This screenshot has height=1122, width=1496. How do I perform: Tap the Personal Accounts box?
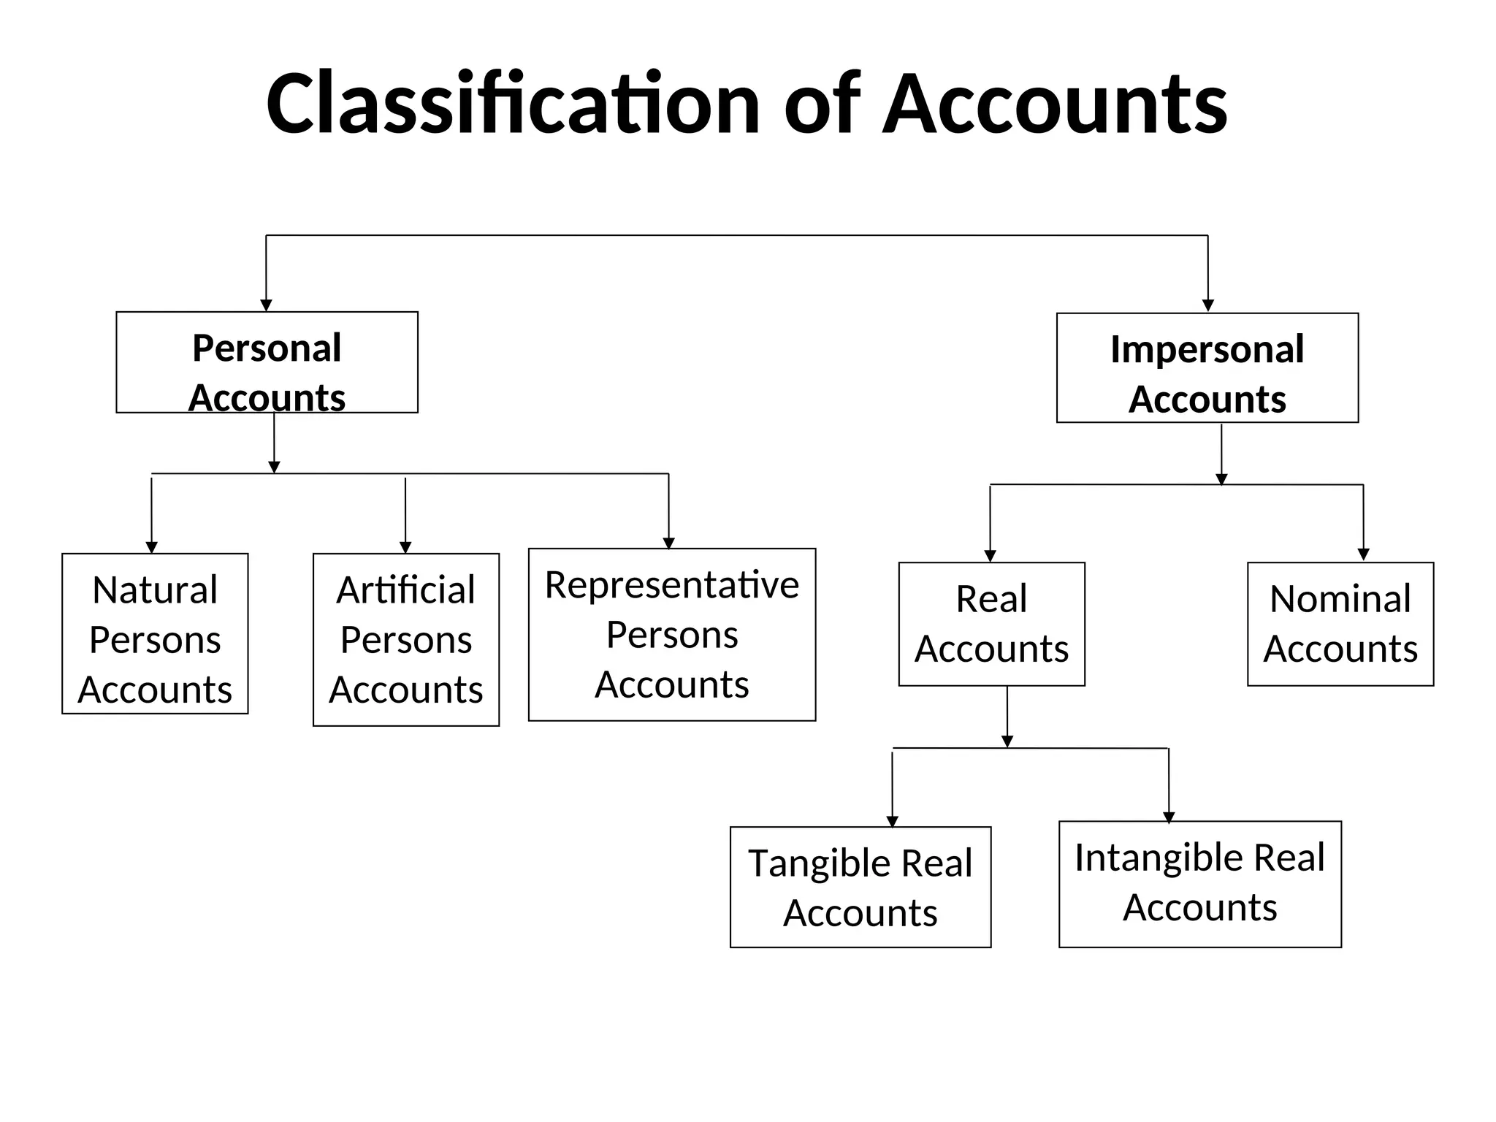click(x=267, y=363)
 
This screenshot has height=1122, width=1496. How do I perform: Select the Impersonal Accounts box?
click(x=1207, y=368)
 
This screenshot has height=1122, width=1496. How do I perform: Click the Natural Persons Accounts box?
click(x=155, y=634)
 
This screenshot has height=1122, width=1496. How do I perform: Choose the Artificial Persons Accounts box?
click(x=406, y=640)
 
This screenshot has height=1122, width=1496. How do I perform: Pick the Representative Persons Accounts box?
click(x=672, y=635)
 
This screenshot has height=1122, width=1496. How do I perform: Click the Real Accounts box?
click(x=991, y=624)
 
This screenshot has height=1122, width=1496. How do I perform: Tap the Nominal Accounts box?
click(x=1340, y=624)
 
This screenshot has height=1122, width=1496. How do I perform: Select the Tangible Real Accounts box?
click(x=860, y=888)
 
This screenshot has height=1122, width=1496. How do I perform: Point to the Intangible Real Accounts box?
click(x=1200, y=884)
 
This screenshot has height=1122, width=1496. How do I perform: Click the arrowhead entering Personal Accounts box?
click(x=266, y=305)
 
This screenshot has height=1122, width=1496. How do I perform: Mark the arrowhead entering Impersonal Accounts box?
click(x=1207, y=306)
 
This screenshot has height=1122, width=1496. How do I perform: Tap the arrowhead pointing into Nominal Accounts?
click(x=1363, y=555)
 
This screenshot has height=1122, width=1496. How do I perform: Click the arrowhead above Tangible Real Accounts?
click(x=892, y=822)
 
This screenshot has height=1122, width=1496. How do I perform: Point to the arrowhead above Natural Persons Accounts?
click(x=152, y=548)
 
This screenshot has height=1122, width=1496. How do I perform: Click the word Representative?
click(x=672, y=585)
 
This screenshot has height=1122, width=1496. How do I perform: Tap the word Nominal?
click(x=1340, y=599)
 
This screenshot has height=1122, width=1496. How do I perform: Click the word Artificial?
click(x=406, y=590)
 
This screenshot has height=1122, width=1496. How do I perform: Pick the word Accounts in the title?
click(x=1055, y=104)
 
